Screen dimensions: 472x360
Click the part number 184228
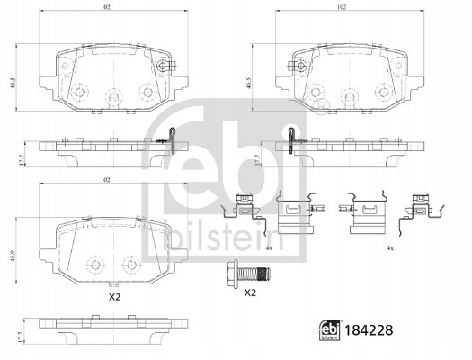(x=369, y=330)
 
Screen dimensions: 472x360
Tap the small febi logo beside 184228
(x=330, y=330)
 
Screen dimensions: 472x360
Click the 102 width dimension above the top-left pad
(x=104, y=7)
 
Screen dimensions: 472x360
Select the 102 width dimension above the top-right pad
(x=341, y=7)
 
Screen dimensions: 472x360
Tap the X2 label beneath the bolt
(x=250, y=292)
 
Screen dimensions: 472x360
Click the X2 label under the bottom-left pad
(x=114, y=297)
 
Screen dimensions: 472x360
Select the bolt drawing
(x=248, y=274)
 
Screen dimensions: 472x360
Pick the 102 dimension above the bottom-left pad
(x=104, y=180)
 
